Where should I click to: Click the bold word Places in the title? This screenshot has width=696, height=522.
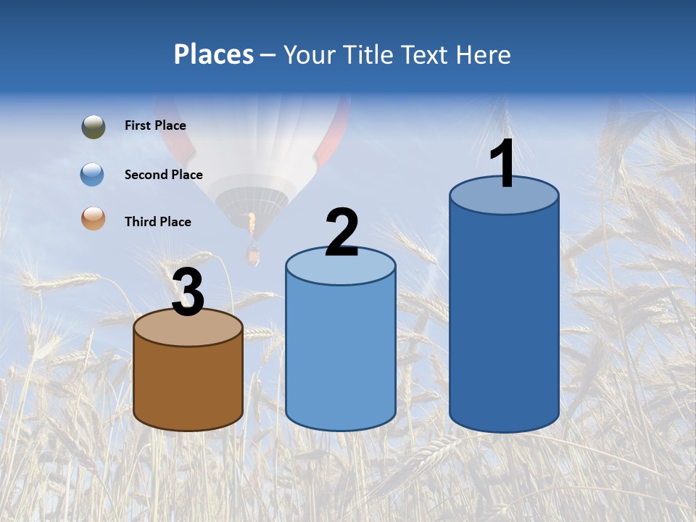pos(214,54)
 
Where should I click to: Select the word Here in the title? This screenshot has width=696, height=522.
pos(483,54)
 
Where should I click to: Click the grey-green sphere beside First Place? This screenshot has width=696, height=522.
pos(93,126)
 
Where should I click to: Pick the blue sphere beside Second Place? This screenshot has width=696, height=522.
pos(93,175)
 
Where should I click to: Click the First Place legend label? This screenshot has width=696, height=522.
pos(155,125)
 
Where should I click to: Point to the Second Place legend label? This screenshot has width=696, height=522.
pos(163,175)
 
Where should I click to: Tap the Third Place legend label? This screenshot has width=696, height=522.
pos(157,222)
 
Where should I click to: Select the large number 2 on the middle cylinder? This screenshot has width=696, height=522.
pos(341,233)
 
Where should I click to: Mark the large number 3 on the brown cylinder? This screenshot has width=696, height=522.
pos(188,292)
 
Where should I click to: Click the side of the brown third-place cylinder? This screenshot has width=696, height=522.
pos(188,384)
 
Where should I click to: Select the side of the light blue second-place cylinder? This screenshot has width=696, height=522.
pos(341,355)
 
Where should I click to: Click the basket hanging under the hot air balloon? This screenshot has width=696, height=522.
pos(252,255)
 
